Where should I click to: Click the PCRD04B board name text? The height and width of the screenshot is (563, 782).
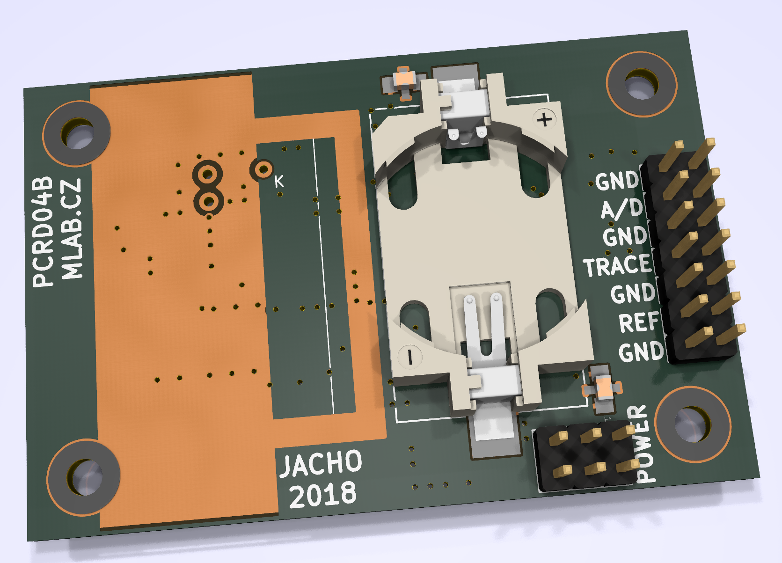point(43,232)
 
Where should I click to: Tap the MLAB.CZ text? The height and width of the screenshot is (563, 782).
point(72,229)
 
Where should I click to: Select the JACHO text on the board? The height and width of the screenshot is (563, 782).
point(321,463)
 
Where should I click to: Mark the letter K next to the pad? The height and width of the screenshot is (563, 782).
point(279,182)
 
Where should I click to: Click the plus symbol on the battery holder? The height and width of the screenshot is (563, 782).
point(544,120)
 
